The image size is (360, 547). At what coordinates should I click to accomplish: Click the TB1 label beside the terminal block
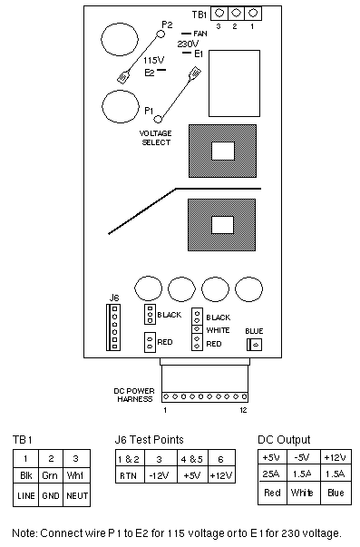coord(199,15)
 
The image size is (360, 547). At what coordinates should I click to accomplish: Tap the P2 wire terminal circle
coord(161,34)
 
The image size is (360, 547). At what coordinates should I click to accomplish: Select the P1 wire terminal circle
coord(158,120)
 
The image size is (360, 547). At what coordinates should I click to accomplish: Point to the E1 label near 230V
coord(199,54)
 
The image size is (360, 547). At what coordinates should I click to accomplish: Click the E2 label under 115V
coord(150,73)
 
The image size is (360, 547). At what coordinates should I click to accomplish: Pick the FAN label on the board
coord(200,34)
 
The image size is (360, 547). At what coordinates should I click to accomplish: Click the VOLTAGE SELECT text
coord(156,138)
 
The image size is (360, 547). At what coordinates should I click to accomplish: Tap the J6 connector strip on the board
coord(113,327)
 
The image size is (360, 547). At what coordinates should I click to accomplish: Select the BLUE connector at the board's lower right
coord(254,345)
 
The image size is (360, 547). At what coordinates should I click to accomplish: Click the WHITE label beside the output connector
coord(218,330)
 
